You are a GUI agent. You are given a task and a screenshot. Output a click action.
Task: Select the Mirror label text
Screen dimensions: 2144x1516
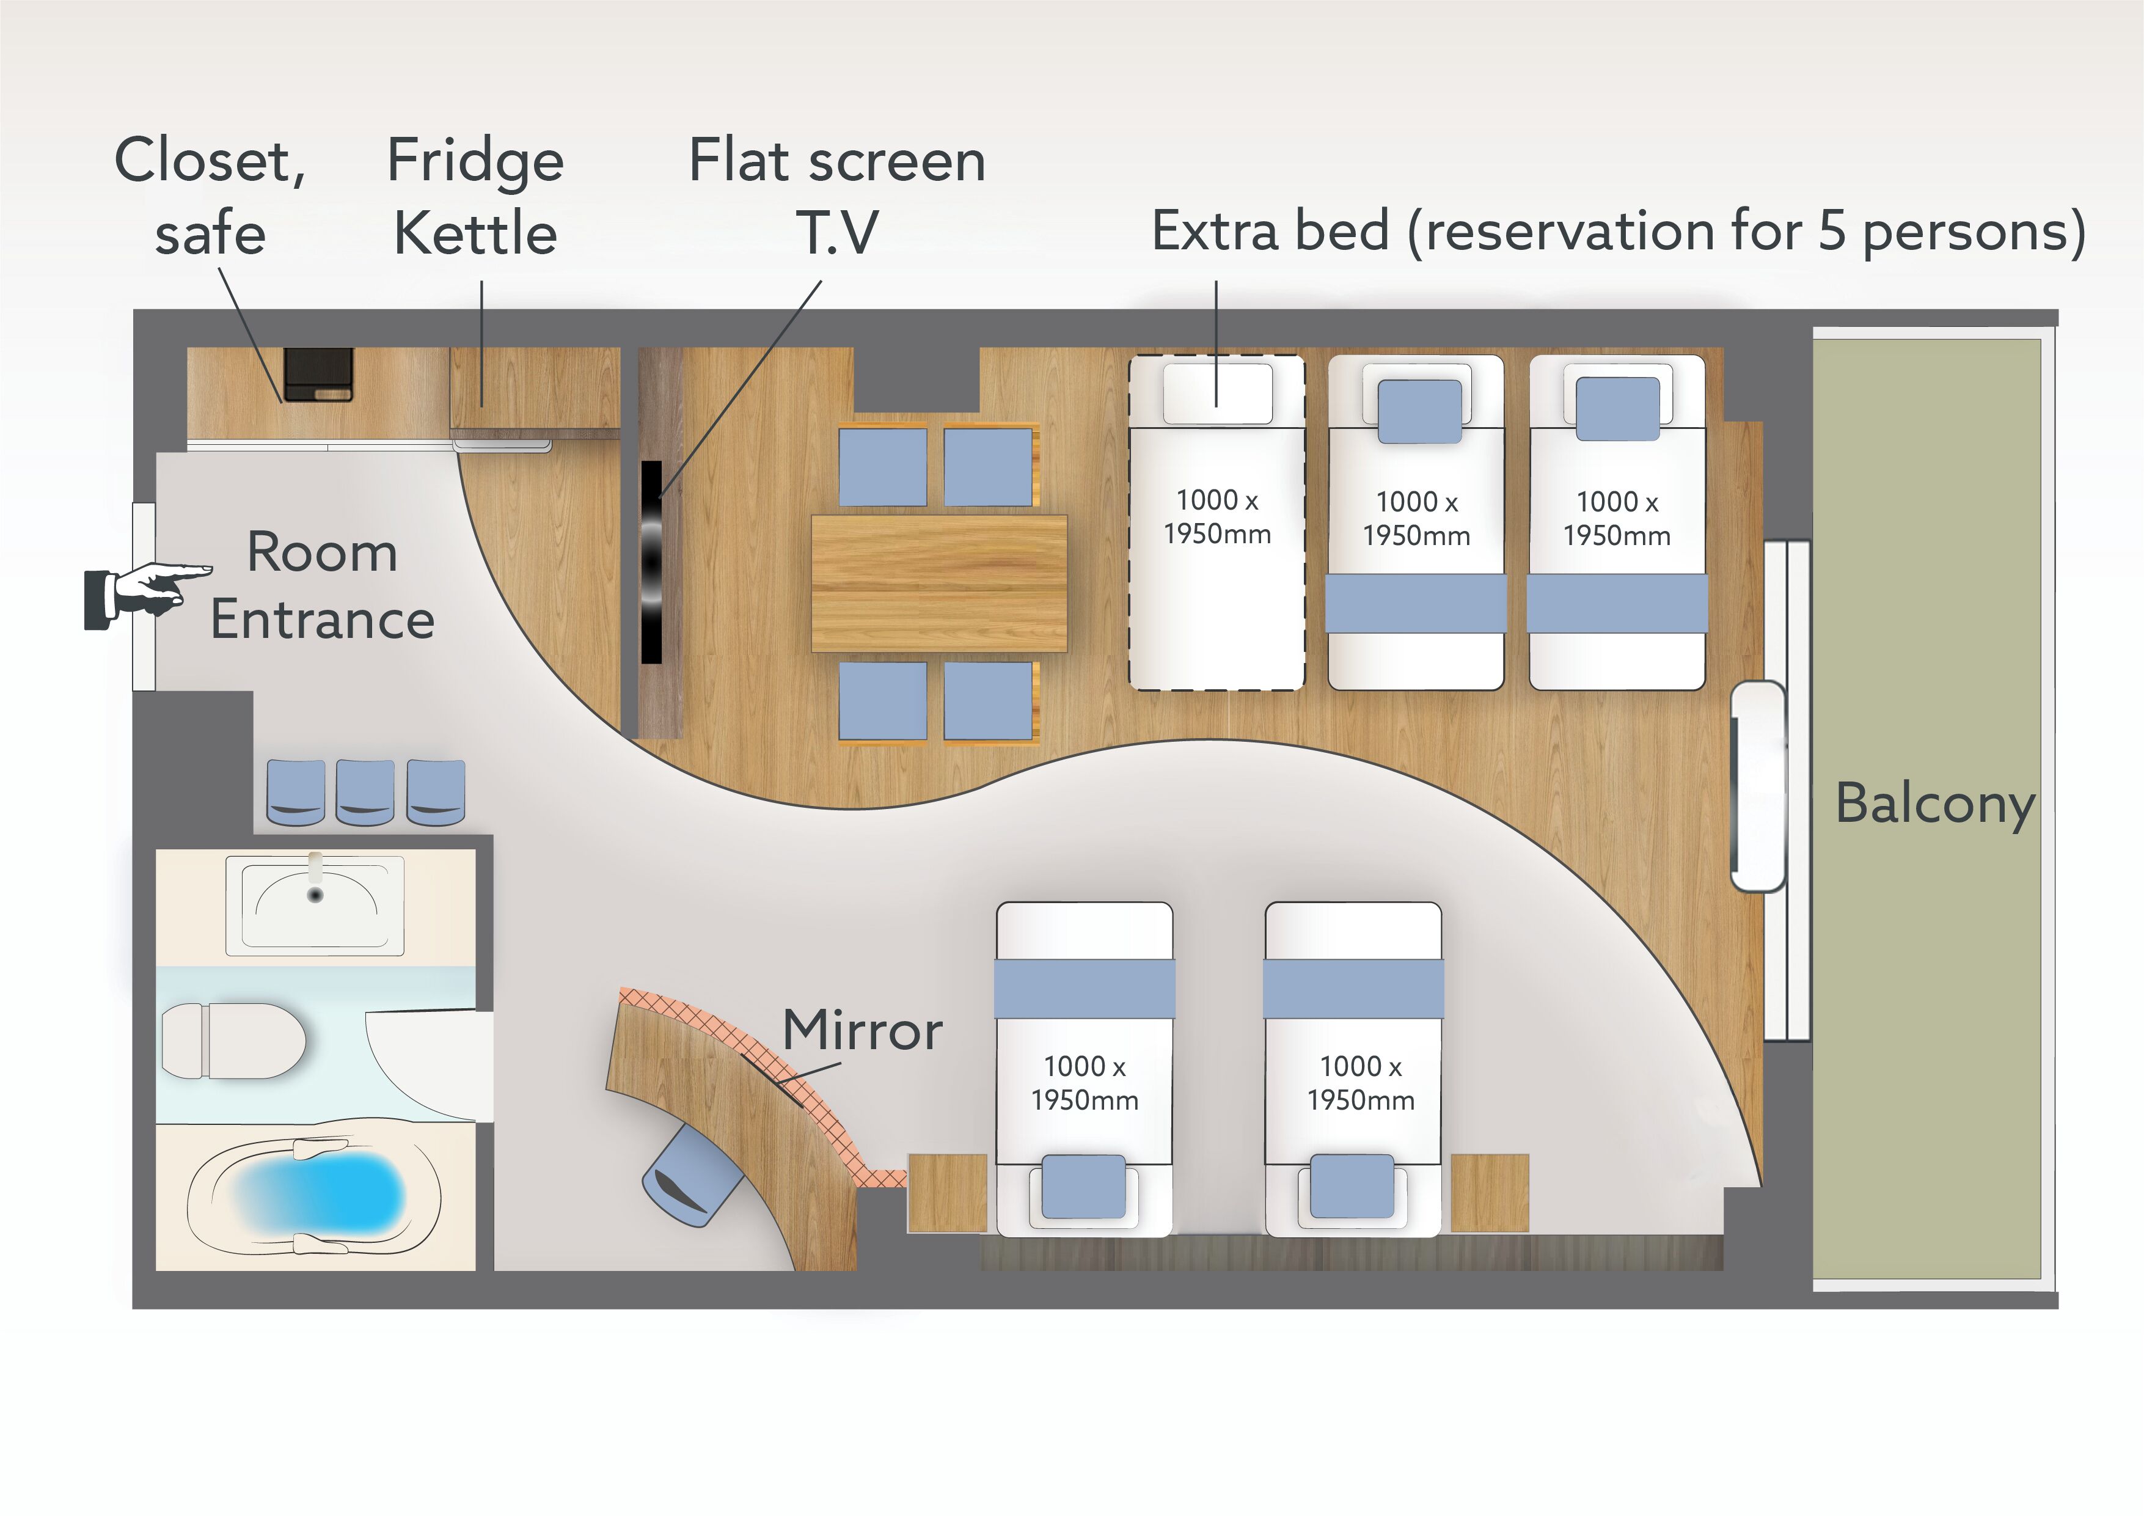pyautogui.click(x=862, y=1030)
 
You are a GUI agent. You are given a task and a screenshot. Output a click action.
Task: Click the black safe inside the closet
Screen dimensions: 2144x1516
pyautogui.click(x=318, y=375)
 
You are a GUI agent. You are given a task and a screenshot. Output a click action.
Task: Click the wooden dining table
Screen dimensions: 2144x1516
pyautogui.click(x=939, y=583)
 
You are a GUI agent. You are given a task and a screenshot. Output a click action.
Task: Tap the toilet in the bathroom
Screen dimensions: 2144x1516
pyautogui.click(x=233, y=1041)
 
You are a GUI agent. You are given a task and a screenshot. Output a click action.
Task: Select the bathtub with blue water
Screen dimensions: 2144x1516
pyautogui.click(x=315, y=1196)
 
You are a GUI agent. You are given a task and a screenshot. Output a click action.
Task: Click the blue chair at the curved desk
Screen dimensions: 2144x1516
pyautogui.click(x=691, y=1177)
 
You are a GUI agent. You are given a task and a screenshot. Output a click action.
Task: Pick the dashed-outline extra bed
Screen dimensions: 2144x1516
pyautogui.click(x=1217, y=522)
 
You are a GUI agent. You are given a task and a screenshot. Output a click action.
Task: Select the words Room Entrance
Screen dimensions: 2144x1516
pyautogui.click(x=322, y=585)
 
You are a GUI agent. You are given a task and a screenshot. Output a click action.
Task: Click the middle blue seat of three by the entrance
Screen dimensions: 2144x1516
pyautogui.click(x=365, y=792)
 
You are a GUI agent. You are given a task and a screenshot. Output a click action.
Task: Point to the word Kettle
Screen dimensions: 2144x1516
pyautogui.click(x=475, y=233)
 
